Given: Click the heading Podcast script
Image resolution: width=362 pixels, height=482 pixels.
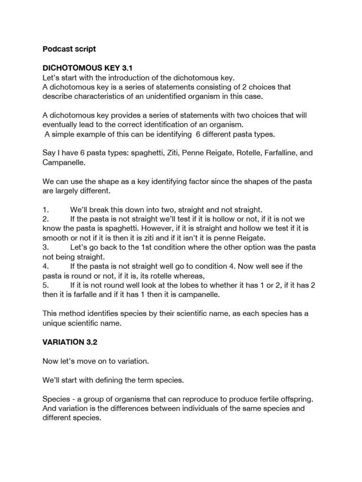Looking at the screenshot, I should (69, 49).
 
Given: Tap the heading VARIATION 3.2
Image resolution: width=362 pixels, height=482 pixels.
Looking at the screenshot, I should (70, 342).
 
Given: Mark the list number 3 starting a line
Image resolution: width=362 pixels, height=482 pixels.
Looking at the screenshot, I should (46, 248).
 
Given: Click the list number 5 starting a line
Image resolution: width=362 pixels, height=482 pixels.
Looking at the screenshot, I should (46, 285).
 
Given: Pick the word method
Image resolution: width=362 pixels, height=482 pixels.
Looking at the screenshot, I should (71, 313).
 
